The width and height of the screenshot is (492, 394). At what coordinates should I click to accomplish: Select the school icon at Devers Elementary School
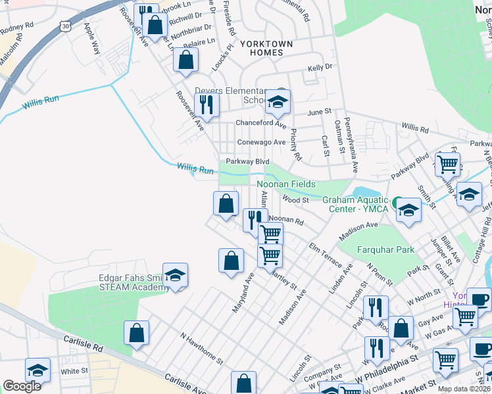(x=278, y=102)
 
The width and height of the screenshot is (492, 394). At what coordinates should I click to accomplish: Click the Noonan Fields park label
(x=286, y=185)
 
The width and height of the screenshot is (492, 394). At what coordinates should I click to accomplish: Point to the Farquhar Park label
(x=385, y=250)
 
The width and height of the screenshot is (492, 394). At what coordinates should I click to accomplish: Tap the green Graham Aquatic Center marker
(x=397, y=204)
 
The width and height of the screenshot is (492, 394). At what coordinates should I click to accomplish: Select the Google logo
(x=22, y=386)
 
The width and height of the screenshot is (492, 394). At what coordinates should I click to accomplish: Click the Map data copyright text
(x=464, y=389)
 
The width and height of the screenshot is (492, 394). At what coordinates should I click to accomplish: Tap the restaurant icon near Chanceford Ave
(x=207, y=104)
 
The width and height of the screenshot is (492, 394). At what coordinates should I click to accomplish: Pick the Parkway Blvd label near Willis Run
(x=248, y=162)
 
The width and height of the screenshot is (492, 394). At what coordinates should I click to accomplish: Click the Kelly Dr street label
(x=320, y=68)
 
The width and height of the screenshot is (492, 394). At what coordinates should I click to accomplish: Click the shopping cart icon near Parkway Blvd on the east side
(x=447, y=164)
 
